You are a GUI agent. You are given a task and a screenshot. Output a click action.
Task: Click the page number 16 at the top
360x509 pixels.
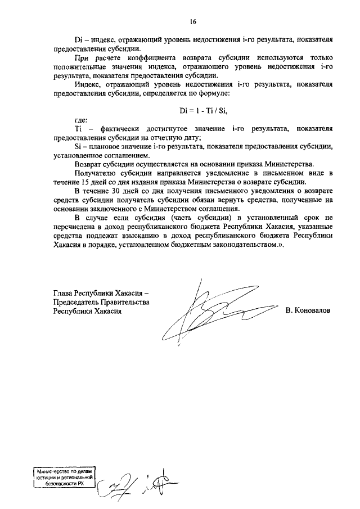click(193, 22)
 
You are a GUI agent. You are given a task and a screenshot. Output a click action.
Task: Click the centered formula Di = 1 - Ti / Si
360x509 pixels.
click(193, 109)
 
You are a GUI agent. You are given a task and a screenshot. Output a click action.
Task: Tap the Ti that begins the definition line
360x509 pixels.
click(78, 129)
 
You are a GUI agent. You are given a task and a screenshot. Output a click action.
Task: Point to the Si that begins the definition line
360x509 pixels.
click(78, 146)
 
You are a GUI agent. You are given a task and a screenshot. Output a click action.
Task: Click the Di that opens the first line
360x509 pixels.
click(79, 41)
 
